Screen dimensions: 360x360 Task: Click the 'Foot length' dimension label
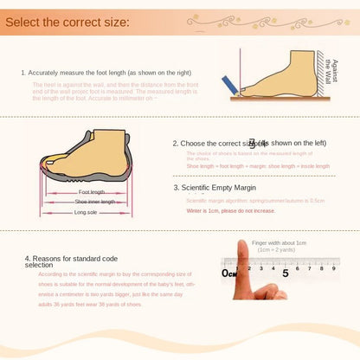click(92, 192)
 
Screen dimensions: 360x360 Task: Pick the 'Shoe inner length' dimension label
click(94, 202)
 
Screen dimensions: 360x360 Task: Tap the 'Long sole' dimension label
click(86, 212)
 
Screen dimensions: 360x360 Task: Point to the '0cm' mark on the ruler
click(229, 273)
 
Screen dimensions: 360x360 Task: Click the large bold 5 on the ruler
click(286, 273)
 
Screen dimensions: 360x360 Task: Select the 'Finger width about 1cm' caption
click(279, 243)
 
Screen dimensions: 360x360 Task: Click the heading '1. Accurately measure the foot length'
click(106, 73)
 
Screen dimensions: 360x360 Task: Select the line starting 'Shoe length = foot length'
click(258, 166)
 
